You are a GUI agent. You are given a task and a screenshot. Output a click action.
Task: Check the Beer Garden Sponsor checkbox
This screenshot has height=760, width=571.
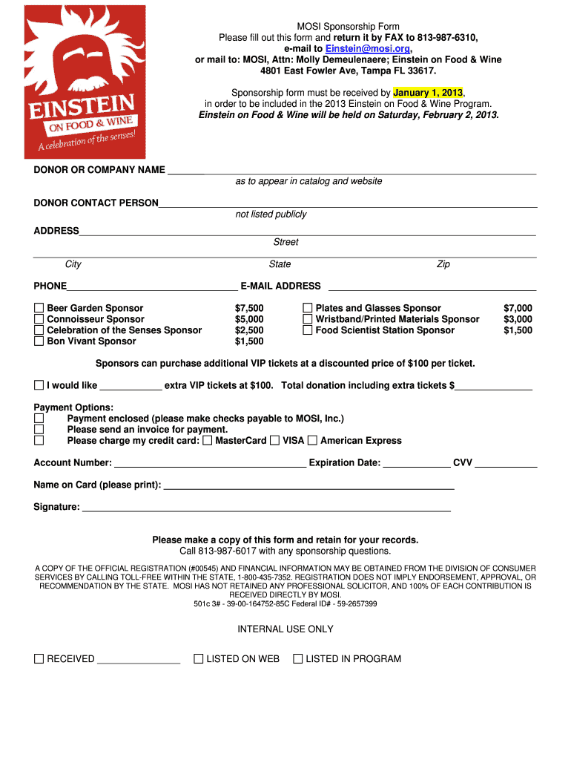39,308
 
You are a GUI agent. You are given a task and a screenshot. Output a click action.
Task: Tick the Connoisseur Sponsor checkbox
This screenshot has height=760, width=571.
39,319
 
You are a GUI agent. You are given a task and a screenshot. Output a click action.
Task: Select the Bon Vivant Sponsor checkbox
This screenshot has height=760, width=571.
39,341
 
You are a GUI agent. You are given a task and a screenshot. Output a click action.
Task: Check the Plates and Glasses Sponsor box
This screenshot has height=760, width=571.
307,308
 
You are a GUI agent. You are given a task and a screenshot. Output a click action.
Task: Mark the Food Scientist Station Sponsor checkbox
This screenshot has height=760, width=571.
307,330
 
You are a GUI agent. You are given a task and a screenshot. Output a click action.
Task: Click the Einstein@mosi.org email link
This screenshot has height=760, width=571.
368,48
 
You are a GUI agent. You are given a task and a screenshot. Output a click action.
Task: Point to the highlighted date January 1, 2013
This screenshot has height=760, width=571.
428,93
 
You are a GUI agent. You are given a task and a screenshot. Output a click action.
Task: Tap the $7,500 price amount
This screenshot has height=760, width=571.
249,308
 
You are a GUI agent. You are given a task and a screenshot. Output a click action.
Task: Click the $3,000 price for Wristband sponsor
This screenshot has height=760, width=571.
518,319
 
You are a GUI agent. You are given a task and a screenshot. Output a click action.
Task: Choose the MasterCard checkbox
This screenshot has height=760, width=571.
208,441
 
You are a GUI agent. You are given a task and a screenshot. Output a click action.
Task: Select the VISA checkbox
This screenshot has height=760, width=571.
275,441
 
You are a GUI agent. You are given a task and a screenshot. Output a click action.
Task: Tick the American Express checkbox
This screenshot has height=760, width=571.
312,441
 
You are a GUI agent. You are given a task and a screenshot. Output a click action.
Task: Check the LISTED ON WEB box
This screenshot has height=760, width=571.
198,658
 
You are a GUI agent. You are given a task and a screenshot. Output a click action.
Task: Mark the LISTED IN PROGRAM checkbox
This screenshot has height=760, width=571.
297,658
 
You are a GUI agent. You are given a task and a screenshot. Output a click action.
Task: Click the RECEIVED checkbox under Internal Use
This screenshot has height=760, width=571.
39,658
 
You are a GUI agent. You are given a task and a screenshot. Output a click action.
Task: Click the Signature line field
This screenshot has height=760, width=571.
266,508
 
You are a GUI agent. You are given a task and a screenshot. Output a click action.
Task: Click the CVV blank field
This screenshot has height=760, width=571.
506,463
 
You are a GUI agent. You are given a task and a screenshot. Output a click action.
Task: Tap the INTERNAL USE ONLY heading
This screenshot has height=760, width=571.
285,629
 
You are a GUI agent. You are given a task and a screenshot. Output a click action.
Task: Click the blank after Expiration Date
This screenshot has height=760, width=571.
417,463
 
